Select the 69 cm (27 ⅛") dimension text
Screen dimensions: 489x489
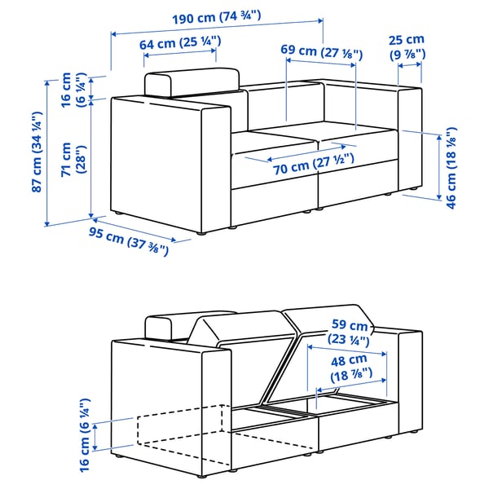tap(323, 51)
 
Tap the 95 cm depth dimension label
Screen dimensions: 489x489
tap(130, 240)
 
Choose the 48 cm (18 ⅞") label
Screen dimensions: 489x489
tap(349, 366)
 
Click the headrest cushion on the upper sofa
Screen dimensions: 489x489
tap(192, 83)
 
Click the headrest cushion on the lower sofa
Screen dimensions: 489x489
tap(168, 327)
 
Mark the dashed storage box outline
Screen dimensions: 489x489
tap(179, 430)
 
